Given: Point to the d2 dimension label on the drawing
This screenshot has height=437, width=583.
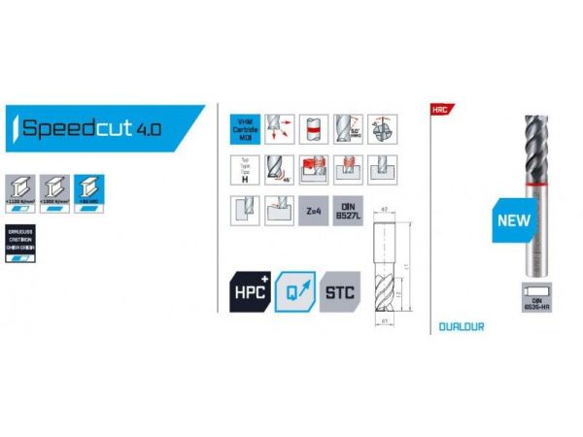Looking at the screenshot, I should tap(384, 210).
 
